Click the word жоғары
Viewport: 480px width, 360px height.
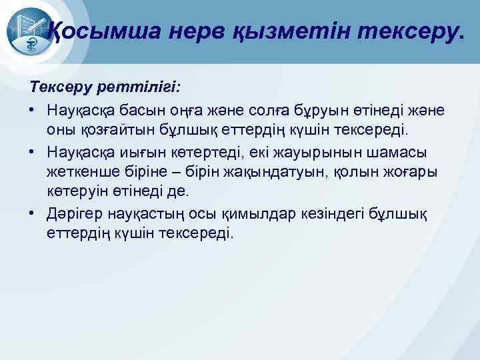(406, 171)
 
